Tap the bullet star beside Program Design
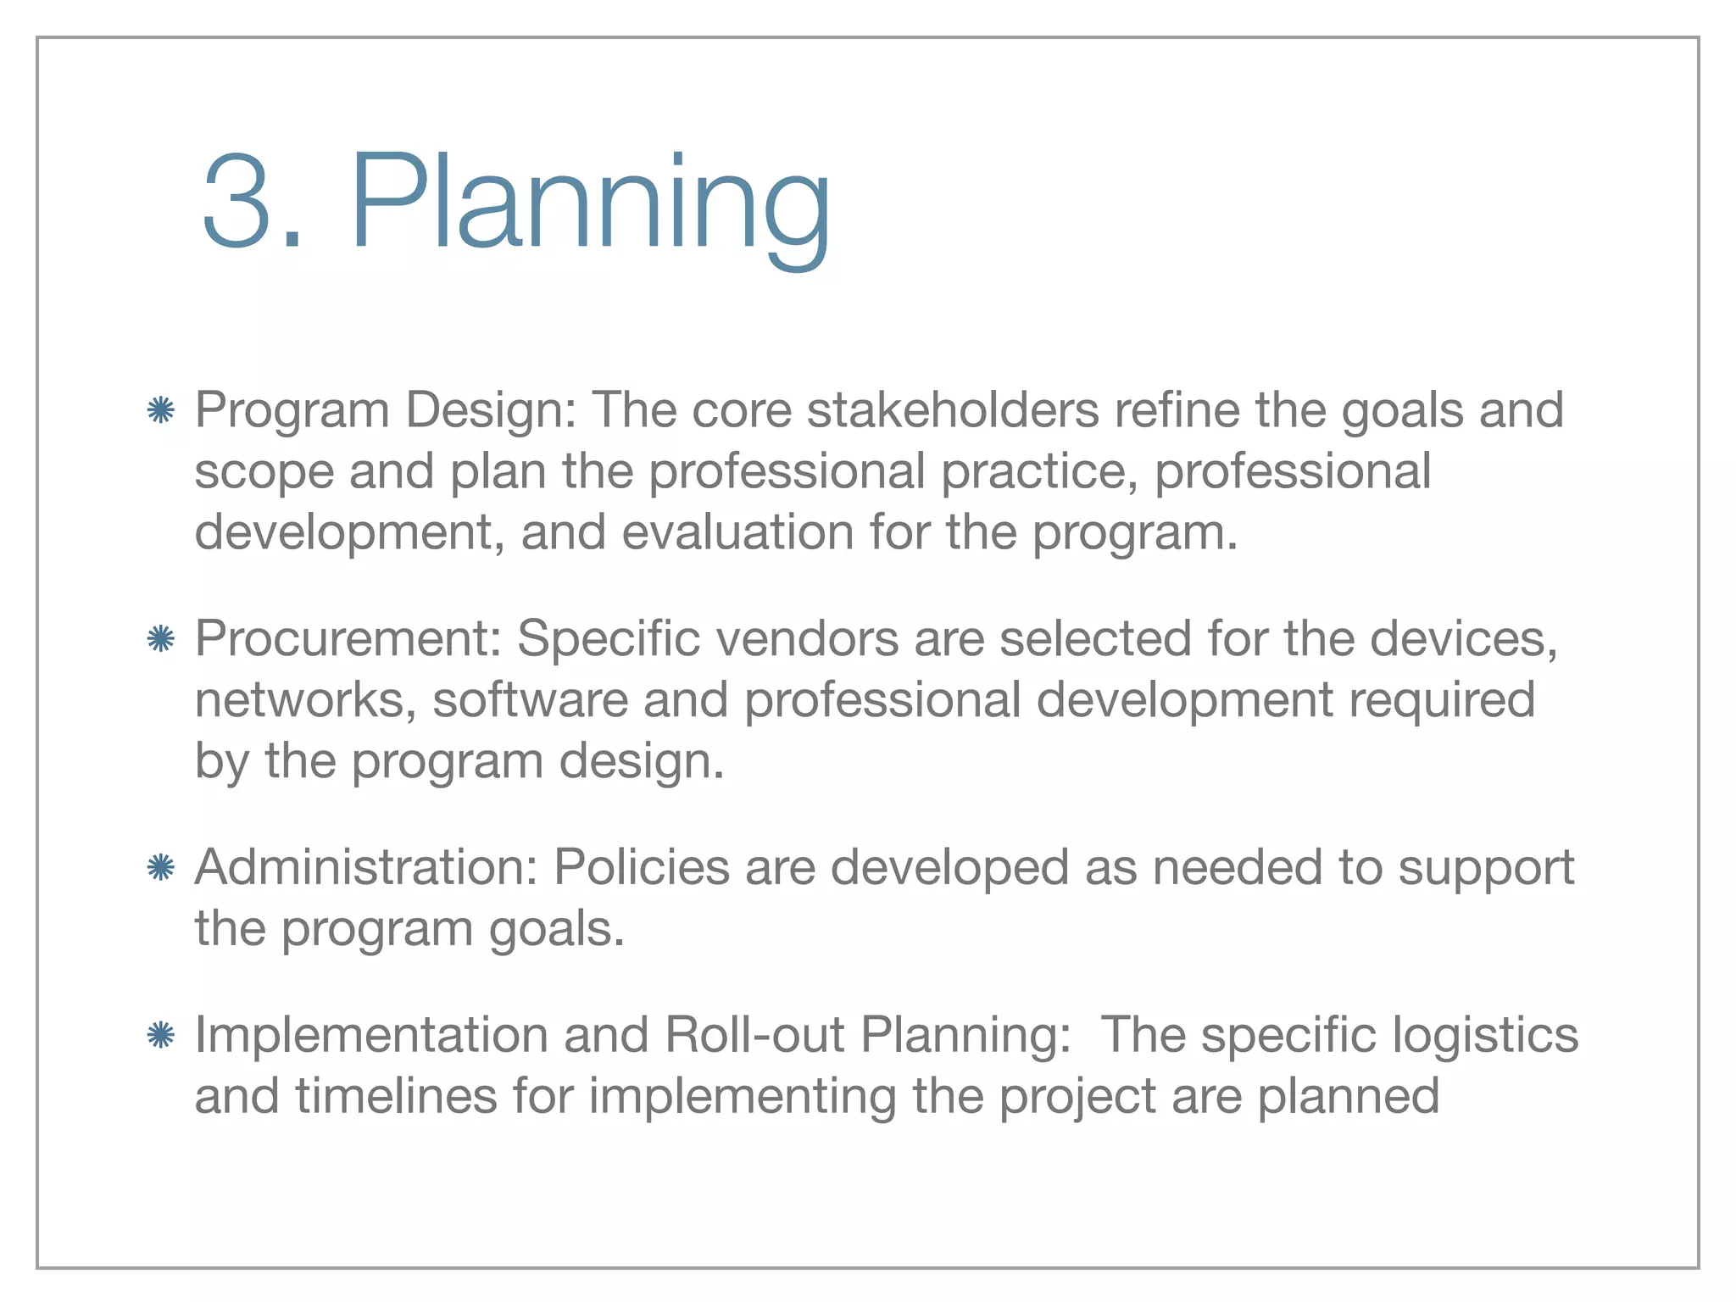point(160,411)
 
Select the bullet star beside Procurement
point(160,639)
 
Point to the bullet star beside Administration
point(160,868)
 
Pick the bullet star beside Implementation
point(160,1035)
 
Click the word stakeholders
point(953,410)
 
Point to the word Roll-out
point(754,1035)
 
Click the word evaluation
point(737,532)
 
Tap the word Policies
point(642,867)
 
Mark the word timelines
point(396,1095)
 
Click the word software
point(531,699)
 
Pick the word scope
point(264,473)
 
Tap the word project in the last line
point(1077,1097)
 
